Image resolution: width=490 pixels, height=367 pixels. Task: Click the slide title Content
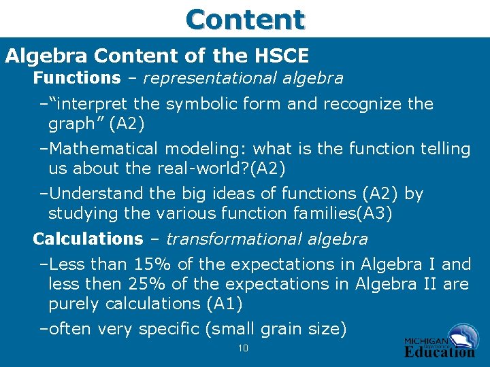pos(245,18)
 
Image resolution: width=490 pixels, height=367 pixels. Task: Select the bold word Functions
pos(76,78)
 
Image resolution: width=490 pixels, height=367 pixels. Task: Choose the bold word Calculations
pos(88,239)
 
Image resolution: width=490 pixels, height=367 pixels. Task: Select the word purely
pos(73,304)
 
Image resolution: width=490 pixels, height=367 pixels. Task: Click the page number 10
pos(242,349)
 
